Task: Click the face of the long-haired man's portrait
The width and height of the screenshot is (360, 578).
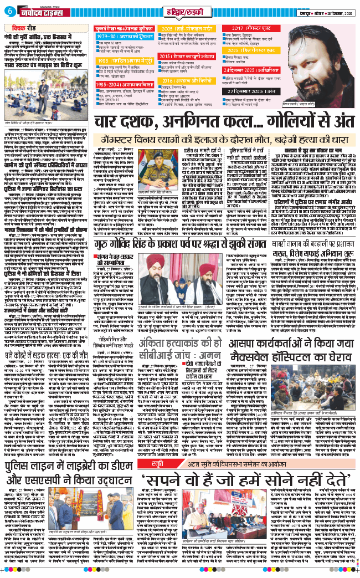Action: (327, 52)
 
